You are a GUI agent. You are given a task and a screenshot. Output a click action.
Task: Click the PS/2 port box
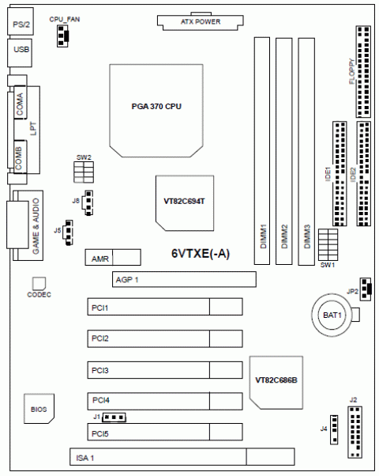point(21,21)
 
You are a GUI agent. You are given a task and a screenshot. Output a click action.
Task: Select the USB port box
point(20,52)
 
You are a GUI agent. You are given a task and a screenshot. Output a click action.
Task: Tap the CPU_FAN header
point(62,36)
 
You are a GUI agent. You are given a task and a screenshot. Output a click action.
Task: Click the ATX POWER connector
point(200,21)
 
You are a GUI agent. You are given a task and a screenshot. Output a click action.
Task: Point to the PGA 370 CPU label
point(156,107)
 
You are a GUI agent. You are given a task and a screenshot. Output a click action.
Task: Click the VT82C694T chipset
point(185,203)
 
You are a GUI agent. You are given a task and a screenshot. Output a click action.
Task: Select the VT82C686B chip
point(276,383)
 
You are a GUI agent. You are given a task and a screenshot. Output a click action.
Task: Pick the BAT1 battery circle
point(332,315)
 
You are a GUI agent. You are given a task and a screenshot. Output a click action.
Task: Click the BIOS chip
point(39,409)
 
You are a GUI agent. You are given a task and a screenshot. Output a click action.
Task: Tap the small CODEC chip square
point(39,283)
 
